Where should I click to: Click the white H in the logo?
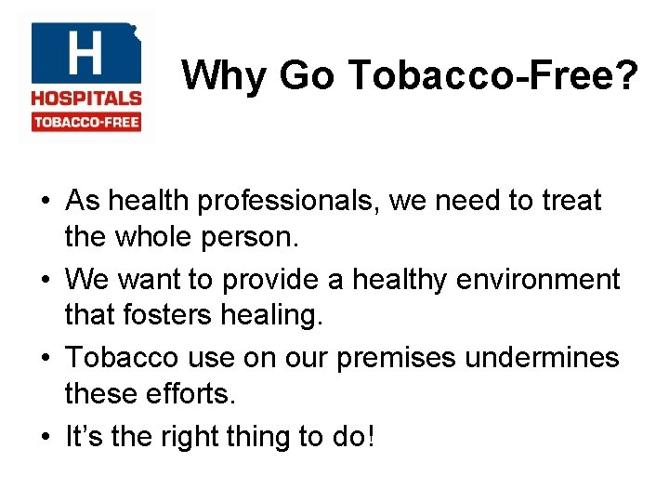[x=84, y=54]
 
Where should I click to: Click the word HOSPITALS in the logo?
[x=86, y=98]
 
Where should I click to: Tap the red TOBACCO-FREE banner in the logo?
[x=86, y=122]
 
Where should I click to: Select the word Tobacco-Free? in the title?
[x=492, y=75]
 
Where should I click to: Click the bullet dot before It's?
[x=46, y=436]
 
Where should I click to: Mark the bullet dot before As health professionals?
[x=46, y=201]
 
